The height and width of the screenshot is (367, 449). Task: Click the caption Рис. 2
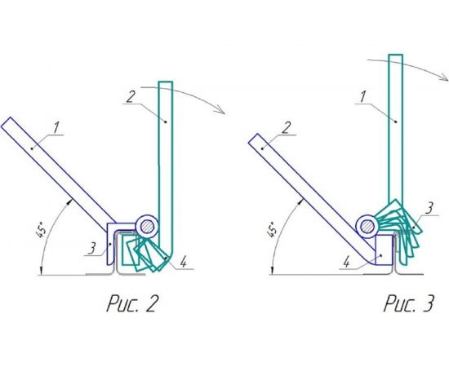click(132, 303)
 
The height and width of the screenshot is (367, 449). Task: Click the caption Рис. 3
click(409, 303)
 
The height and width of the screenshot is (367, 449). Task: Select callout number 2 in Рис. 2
click(130, 97)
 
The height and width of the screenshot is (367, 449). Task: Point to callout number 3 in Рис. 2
click(91, 248)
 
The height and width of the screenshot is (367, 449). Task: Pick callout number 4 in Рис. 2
click(184, 262)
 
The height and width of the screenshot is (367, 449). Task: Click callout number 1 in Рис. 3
click(362, 97)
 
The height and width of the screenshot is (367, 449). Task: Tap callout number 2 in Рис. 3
click(286, 127)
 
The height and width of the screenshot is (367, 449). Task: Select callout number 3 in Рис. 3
click(429, 208)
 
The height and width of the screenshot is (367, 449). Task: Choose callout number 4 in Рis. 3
click(347, 262)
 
